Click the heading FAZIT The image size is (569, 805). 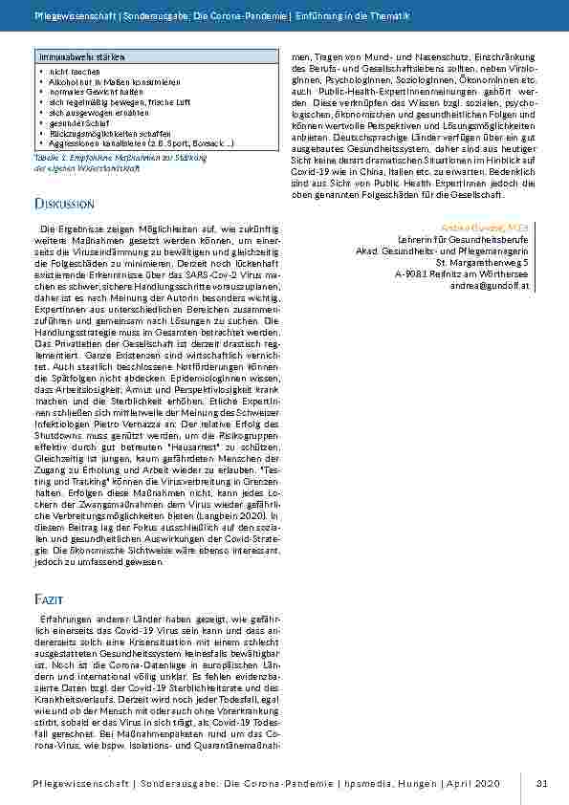[48, 598]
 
